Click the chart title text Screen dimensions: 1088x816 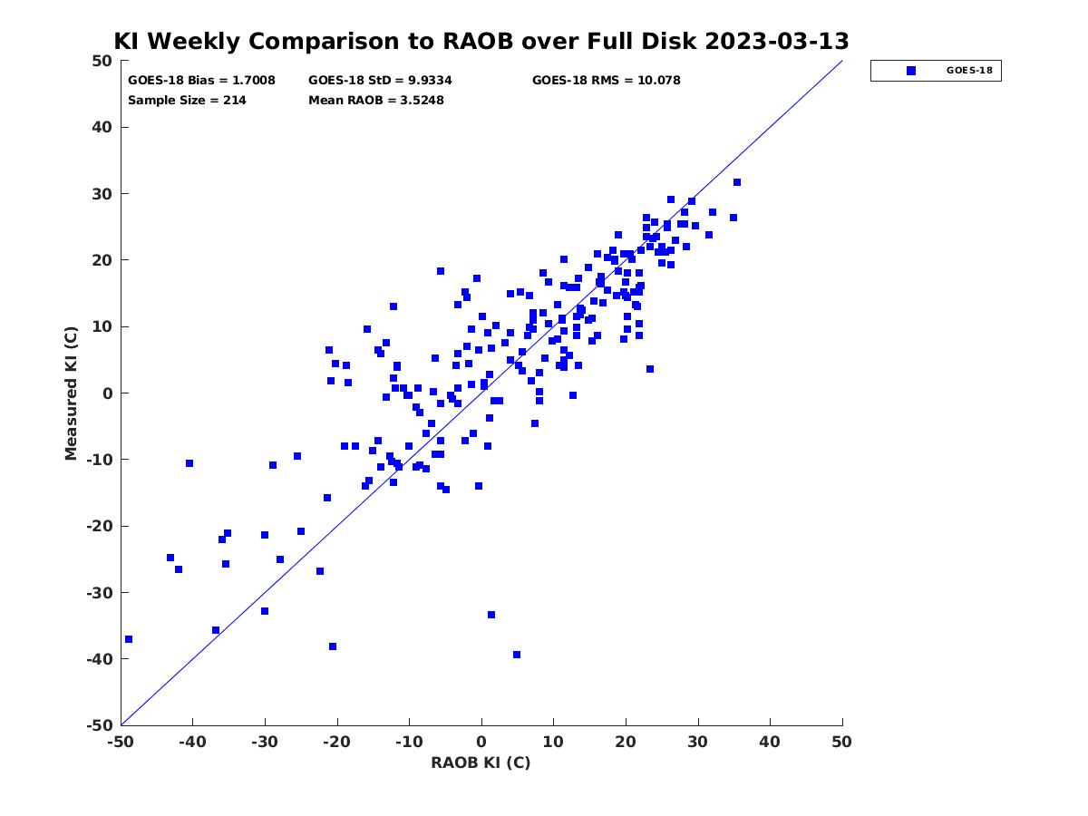tap(481, 41)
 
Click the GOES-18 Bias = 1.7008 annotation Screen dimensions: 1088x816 tap(201, 81)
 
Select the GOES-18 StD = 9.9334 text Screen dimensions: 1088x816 tap(380, 81)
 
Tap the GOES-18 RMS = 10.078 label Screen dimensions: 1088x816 tap(606, 81)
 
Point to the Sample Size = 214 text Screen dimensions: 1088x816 tap(187, 100)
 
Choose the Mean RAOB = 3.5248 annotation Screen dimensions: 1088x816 tap(375, 100)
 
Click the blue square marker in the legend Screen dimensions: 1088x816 tap(910, 71)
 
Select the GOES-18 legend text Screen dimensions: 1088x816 tap(969, 71)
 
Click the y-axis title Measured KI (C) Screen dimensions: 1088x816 tap(71, 393)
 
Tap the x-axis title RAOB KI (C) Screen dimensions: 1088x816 tap(481, 763)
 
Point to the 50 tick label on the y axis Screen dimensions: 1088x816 tap(102, 61)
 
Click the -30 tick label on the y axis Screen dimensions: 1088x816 tap(100, 593)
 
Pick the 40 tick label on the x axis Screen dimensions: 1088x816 tap(769, 742)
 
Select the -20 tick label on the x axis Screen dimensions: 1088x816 tap(336, 742)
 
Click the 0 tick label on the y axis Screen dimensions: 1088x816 tap(108, 393)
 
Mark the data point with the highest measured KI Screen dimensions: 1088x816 tap(736, 182)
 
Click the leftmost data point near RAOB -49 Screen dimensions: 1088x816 tap(129, 639)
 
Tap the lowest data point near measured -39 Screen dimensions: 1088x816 tap(517, 655)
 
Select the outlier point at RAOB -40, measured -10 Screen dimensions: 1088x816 tap(189, 463)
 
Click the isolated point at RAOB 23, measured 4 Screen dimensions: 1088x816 tap(650, 369)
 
